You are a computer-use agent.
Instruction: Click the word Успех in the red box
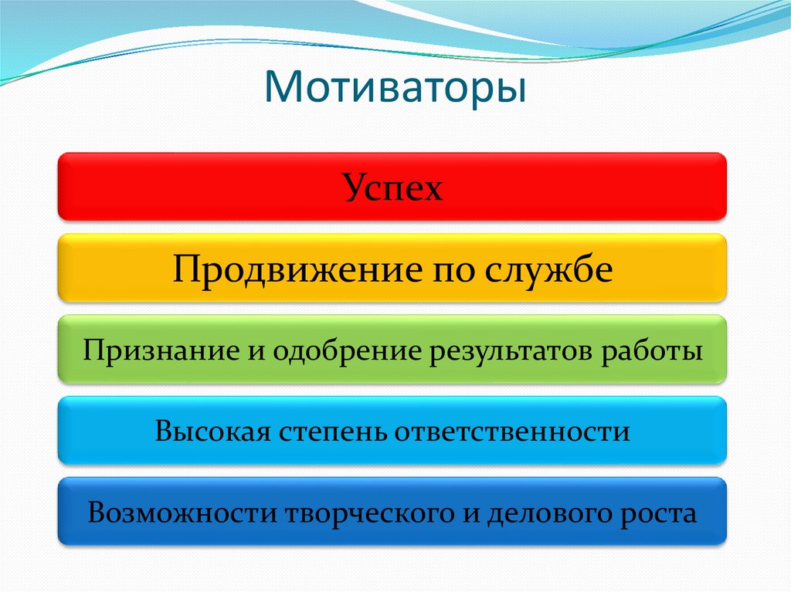pyautogui.click(x=393, y=188)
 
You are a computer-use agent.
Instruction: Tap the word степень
pyautogui.click(x=332, y=431)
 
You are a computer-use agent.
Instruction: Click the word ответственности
pyautogui.click(x=512, y=431)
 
